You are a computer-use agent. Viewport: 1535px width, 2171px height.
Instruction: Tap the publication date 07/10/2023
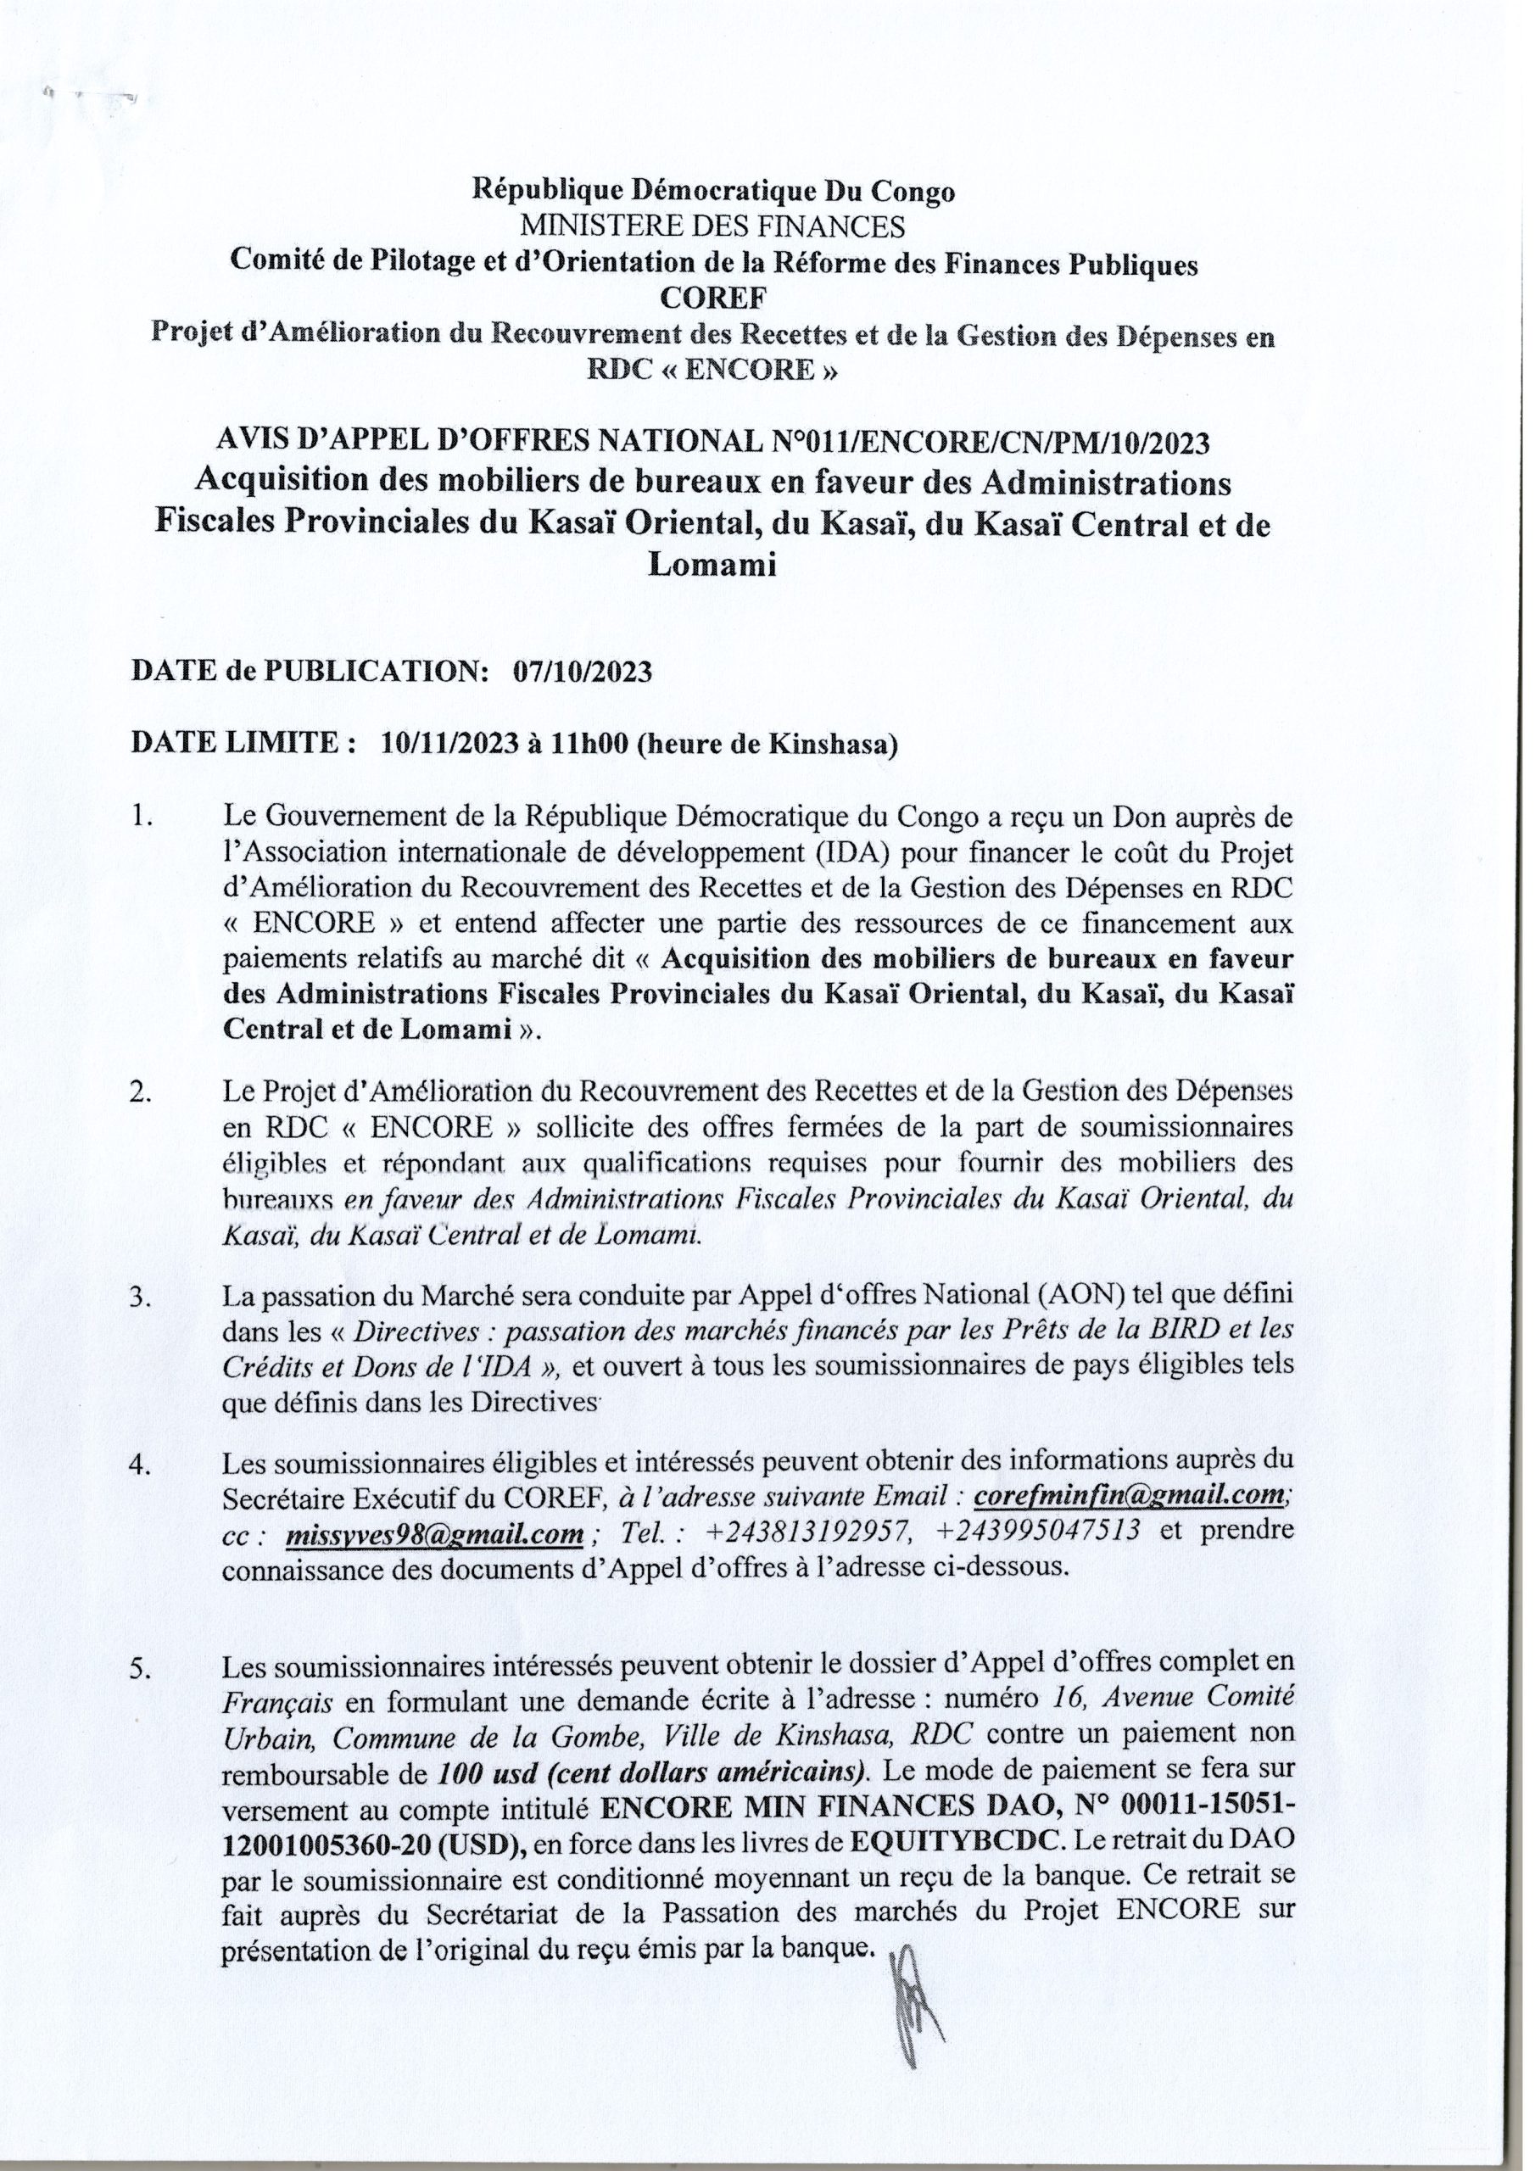583,673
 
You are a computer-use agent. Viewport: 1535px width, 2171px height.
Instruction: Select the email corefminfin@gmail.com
1128,1496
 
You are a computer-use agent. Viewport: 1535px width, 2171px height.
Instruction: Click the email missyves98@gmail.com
433,1532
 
